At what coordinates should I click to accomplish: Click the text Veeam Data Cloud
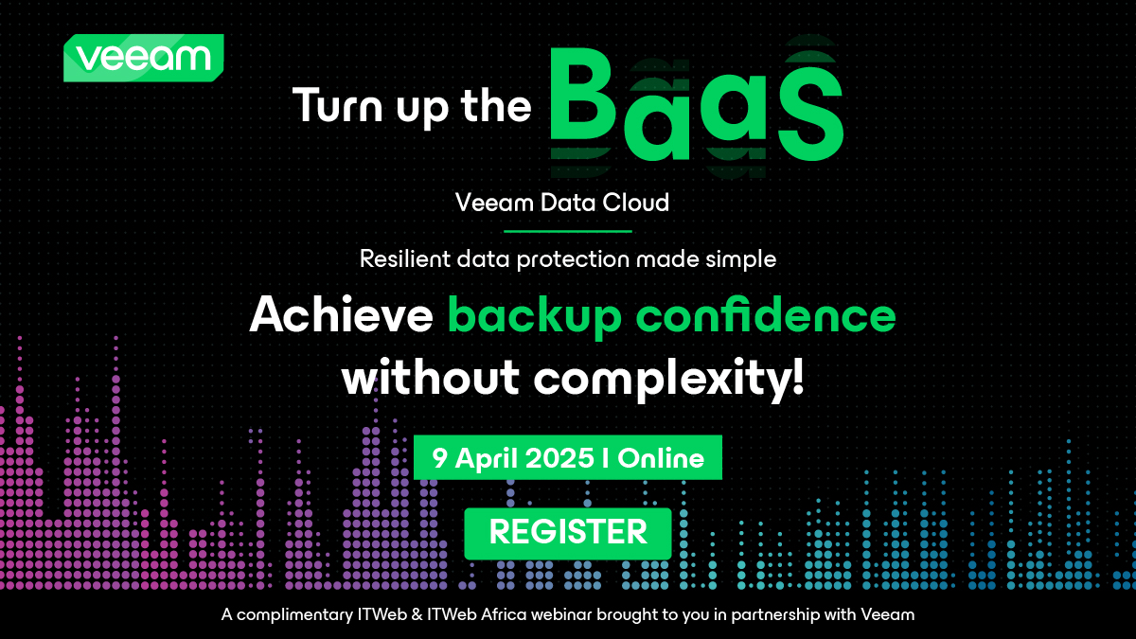[x=562, y=203]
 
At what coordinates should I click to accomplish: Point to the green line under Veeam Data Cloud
[x=568, y=230]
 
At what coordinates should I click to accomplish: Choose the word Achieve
[x=342, y=316]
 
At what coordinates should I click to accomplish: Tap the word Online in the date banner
[x=663, y=458]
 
